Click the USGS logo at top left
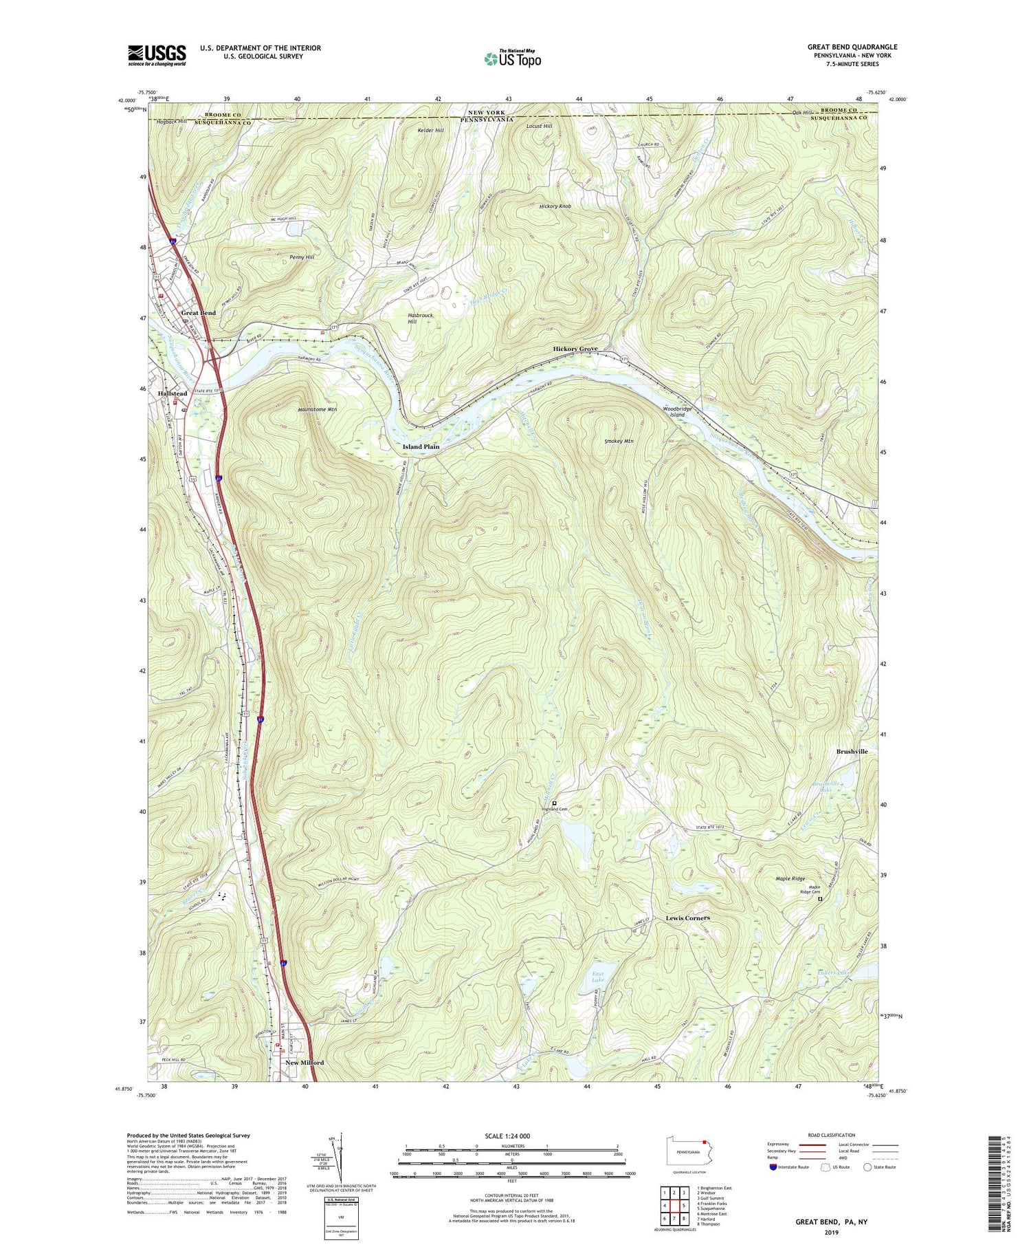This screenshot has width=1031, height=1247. pyautogui.click(x=157, y=55)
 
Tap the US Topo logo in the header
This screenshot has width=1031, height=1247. pyautogui.click(x=512, y=58)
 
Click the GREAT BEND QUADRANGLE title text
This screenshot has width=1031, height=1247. pyautogui.click(x=852, y=47)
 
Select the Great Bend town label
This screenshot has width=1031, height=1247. pyautogui.click(x=198, y=313)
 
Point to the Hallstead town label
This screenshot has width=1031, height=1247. pyautogui.click(x=172, y=393)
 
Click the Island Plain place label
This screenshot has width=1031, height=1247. pyautogui.click(x=421, y=446)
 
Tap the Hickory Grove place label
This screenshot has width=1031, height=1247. pyautogui.click(x=575, y=349)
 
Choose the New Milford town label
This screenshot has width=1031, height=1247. pyautogui.click(x=304, y=1063)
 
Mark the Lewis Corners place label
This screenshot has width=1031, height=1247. pyautogui.click(x=687, y=918)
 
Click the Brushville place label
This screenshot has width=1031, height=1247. pyautogui.click(x=852, y=752)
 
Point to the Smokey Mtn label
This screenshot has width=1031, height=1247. pyautogui.click(x=619, y=441)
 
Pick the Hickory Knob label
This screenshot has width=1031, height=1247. pyautogui.click(x=555, y=206)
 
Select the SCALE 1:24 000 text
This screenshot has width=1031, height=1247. pyautogui.click(x=511, y=1136)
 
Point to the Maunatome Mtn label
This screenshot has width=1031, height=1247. pyautogui.click(x=317, y=409)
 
